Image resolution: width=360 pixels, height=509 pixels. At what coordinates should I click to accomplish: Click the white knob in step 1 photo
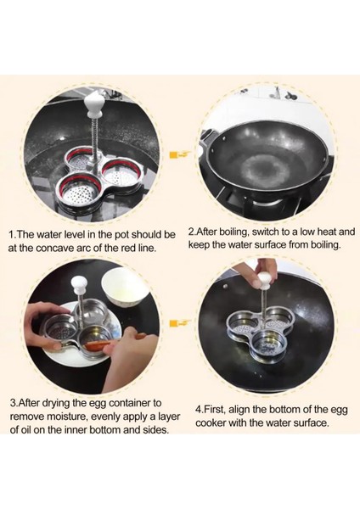(x=93, y=104)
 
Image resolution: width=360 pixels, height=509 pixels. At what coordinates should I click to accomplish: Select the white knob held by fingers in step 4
(x=264, y=281)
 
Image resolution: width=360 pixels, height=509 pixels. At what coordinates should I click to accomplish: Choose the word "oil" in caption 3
(x=26, y=430)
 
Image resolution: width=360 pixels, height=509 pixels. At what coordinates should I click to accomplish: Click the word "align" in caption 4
(x=239, y=410)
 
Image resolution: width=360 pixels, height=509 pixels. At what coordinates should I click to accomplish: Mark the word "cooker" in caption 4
(x=211, y=423)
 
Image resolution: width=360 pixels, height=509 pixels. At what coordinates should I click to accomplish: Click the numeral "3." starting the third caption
(x=14, y=403)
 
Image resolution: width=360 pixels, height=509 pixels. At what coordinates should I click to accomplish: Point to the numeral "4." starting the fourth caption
(x=200, y=410)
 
